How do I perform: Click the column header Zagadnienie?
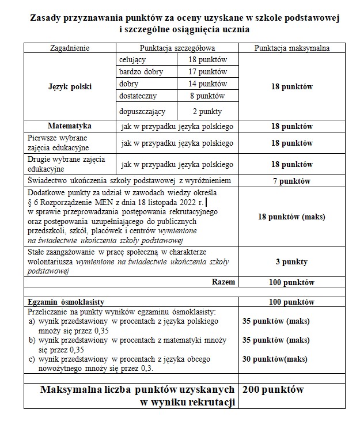tap(70, 48)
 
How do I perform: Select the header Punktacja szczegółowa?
tap(177, 48)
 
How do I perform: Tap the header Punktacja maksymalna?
tap(292, 48)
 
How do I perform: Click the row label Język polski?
tap(70, 87)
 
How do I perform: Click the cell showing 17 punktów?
tap(208, 72)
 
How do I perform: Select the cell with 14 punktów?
tap(208, 84)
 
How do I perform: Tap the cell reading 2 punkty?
tap(208, 111)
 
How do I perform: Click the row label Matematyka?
tap(70, 126)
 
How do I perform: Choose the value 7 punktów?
tap(292, 181)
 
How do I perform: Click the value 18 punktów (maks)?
tap(292, 218)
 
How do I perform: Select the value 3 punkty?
tap(292, 262)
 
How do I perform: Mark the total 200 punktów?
tap(273, 390)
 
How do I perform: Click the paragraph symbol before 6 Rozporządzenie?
tap(31, 202)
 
